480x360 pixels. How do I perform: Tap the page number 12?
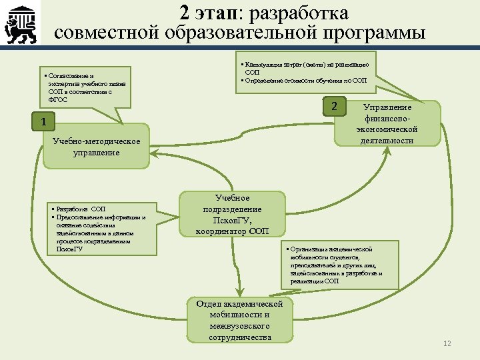pos(447,343)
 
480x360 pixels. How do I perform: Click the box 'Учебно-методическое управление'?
pos(97,147)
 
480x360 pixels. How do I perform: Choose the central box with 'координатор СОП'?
pos(232,215)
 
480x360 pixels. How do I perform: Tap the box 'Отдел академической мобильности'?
pos(239,321)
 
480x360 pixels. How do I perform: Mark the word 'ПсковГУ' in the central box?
pos(233,220)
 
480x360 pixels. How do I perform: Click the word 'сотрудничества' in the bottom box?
pos(239,337)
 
